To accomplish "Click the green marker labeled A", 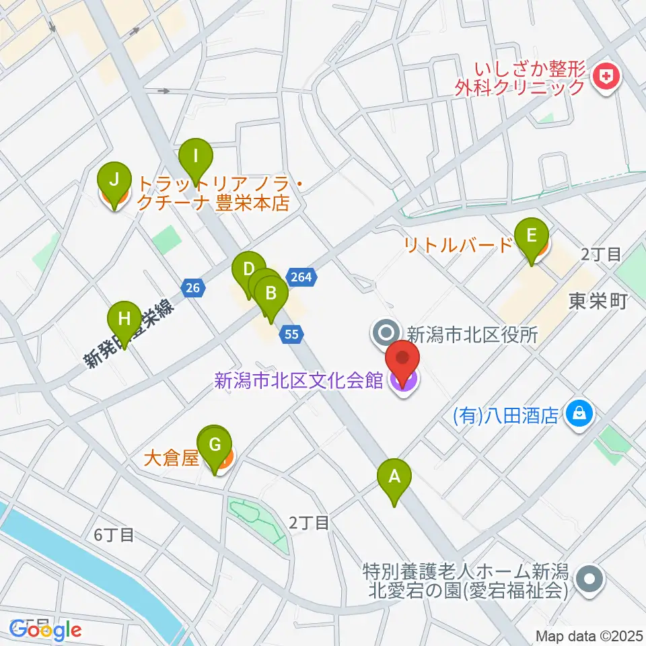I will (x=394, y=480).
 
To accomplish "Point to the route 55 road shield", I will (x=292, y=333).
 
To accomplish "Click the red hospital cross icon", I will (x=606, y=77).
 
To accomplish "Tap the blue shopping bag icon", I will (x=578, y=413).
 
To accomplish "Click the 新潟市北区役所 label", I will (x=472, y=333).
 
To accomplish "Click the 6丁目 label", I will (x=114, y=536).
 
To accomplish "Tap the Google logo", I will (x=46, y=630).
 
